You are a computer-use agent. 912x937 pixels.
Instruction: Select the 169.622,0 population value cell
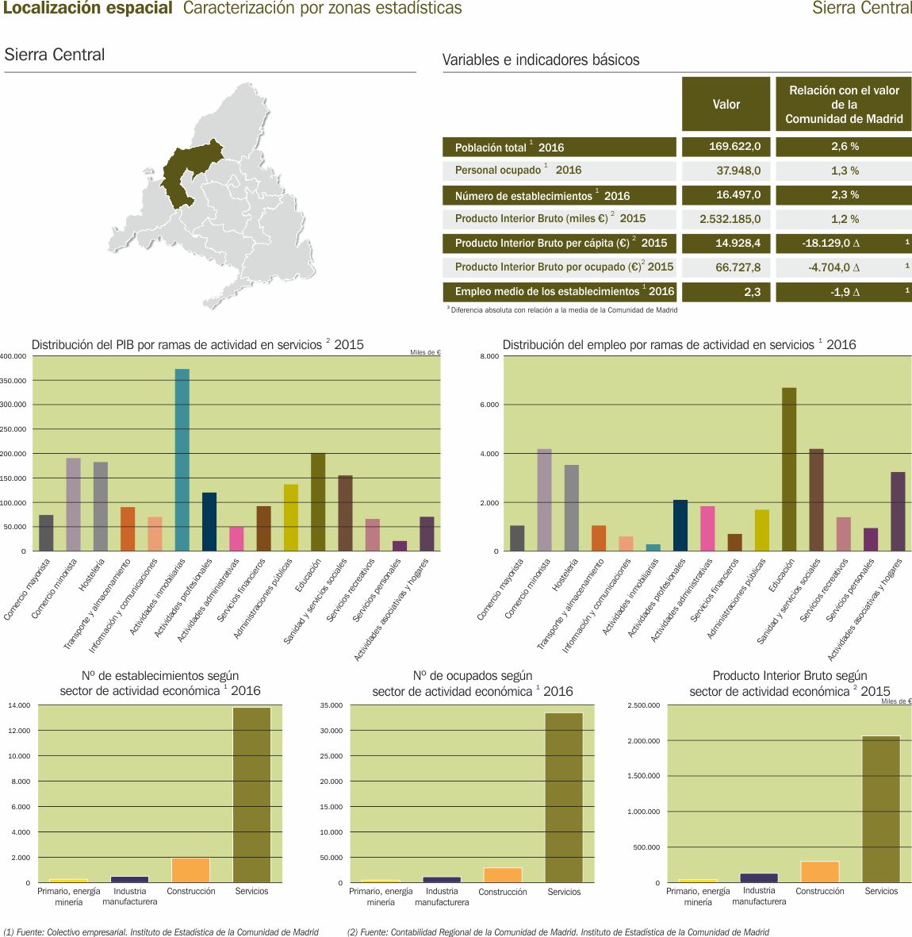tap(726, 147)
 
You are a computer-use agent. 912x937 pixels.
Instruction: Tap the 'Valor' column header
tap(726, 104)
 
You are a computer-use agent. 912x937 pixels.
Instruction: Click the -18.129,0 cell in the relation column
tap(843, 243)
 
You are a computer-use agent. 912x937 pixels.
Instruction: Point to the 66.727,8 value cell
tap(726, 267)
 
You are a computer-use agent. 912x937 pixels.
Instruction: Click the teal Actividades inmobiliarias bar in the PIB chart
tap(182, 459)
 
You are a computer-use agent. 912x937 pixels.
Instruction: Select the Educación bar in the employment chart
tap(789, 469)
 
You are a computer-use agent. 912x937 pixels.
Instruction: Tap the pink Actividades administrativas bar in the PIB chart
tap(236, 539)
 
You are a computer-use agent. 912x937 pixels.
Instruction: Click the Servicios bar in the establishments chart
tap(251, 794)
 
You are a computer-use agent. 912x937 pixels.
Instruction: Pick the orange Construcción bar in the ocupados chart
tap(503, 874)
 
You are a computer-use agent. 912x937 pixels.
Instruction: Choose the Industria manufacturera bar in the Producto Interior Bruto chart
tap(759, 877)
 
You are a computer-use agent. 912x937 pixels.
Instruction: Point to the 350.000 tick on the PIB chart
tap(13, 381)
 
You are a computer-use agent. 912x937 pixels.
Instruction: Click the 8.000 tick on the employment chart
tap(489, 356)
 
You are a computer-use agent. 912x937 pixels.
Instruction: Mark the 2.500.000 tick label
tap(643, 705)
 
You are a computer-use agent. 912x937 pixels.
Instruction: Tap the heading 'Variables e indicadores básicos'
tap(541, 60)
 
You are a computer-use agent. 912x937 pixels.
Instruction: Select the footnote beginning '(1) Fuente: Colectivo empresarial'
tap(161, 932)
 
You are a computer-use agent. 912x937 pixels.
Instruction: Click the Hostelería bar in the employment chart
tap(572, 508)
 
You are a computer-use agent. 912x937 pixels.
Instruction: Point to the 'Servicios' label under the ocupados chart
tap(564, 892)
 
